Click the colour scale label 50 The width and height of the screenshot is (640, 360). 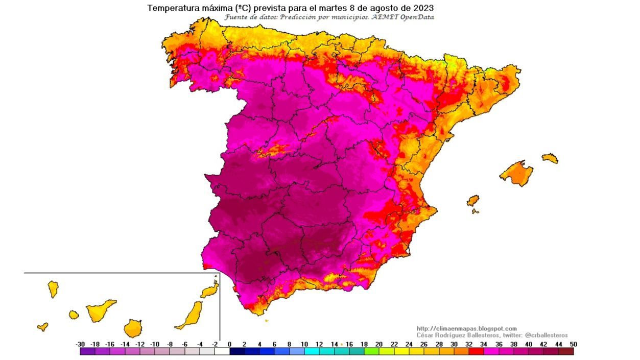pos(573,345)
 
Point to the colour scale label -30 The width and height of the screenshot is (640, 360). pos(80,345)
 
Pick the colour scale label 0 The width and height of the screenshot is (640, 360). pos(229,345)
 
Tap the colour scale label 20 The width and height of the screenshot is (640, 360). pos(378,345)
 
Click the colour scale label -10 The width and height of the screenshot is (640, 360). pos(155,345)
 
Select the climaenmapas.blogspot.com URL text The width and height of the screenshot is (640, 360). pos(466,328)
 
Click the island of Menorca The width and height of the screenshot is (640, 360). pos(550,158)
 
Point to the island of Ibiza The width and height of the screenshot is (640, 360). pos(473,200)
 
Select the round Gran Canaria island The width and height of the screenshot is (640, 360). pos(133,328)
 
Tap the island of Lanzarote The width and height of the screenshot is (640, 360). pos(210,291)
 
